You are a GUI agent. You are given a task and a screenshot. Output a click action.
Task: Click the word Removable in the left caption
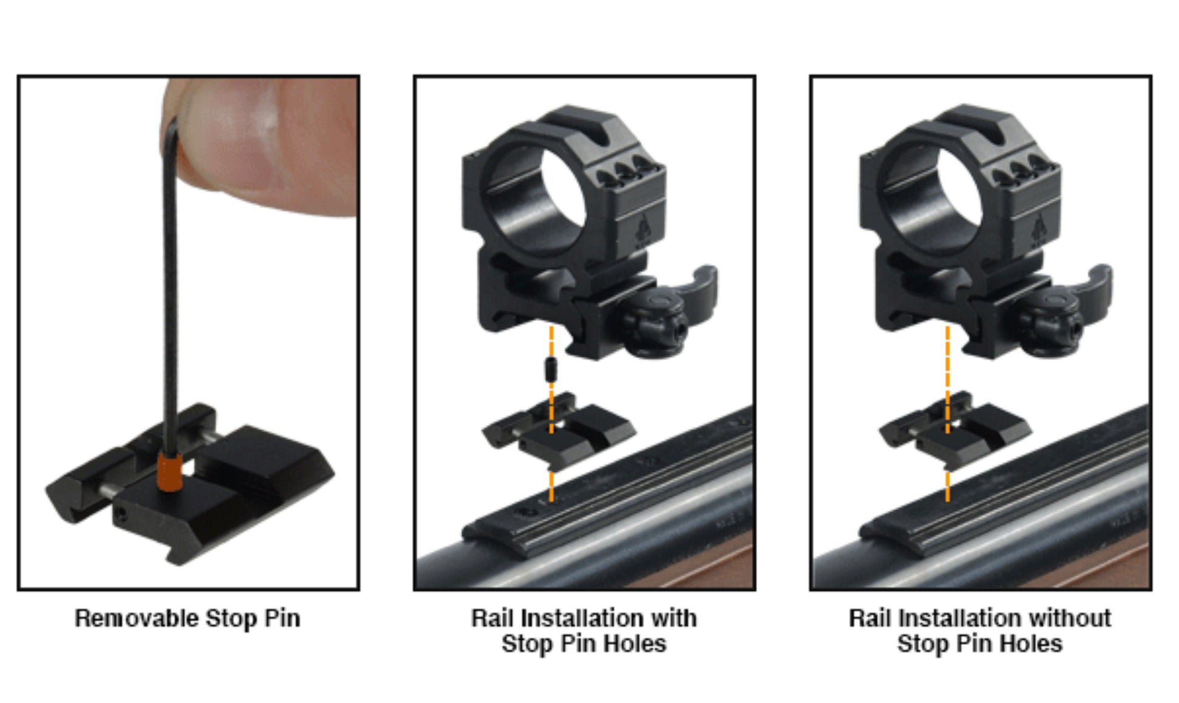point(136,618)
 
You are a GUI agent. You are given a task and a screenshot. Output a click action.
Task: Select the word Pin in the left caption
point(282,619)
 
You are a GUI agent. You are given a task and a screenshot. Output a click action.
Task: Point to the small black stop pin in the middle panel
point(551,369)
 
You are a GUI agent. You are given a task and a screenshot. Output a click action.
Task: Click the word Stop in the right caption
point(922,644)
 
